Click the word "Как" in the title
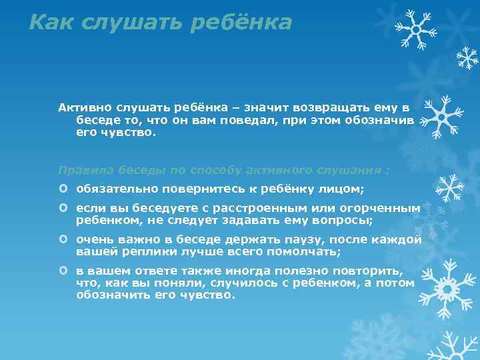tap(53, 23)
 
